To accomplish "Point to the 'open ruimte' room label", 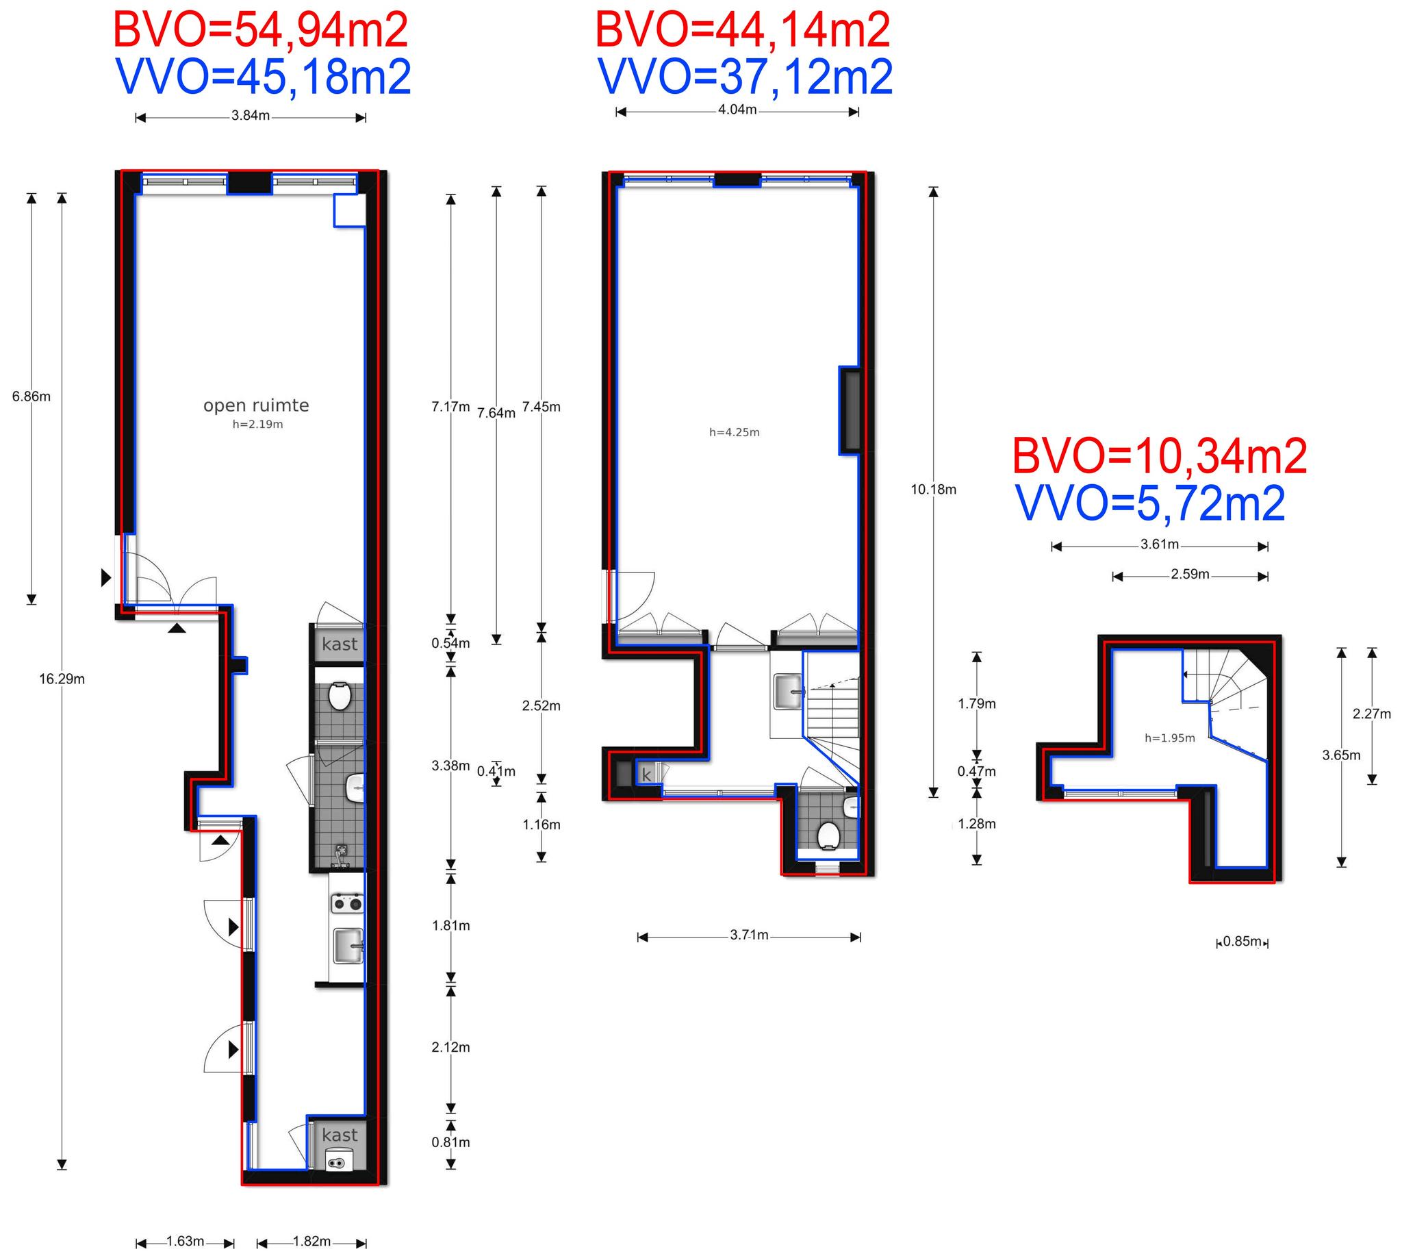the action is click(x=255, y=405).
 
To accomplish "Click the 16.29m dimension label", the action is click(x=62, y=679).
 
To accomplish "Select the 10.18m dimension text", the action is click(x=934, y=490).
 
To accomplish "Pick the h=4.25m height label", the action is click(x=735, y=433).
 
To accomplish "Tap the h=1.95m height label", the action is click(x=1170, y=738).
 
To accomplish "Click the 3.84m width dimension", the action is click(x=251, y=116).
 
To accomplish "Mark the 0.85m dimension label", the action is click(x=1242, y=941).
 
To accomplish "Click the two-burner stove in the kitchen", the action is click(x=348, y=903).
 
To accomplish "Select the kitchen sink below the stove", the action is click(x=348, y=945).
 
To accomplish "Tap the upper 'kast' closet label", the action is click(x=340, y=644).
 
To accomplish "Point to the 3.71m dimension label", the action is click(x=749, y=935).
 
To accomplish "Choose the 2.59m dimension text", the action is click(x=1190, y=574).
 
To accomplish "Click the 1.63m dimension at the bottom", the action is click(x=186, y=1241).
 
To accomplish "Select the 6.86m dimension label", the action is click(x=31, y=397).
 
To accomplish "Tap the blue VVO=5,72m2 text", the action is click(x=1151, y=503).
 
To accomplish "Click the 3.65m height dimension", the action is click(x=1341, y=755).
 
